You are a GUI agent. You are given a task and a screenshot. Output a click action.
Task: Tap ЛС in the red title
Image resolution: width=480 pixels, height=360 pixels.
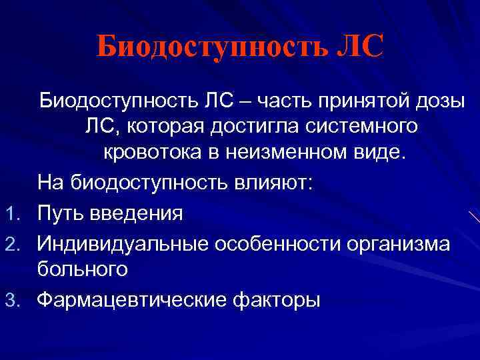pyautogui.click(x=361, y=47)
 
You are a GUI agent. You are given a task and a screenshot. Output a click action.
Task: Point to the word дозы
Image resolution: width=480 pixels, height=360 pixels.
pyautogui.click(x=436, y=101)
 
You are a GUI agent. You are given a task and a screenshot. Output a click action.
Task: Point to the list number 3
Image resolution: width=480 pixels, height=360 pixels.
pyautogui.click(x=18, y=301)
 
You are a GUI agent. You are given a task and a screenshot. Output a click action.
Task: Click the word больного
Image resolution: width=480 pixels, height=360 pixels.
pyautogui.click(x=82, y=270)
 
